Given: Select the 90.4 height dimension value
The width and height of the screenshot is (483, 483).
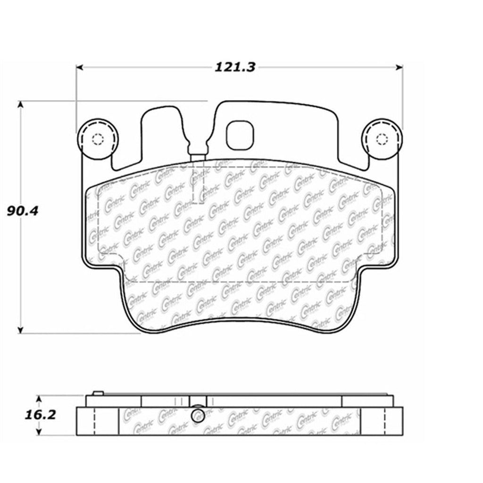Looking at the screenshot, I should click(22, 210).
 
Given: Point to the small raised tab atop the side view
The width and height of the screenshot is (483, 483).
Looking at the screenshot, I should click(98, 392).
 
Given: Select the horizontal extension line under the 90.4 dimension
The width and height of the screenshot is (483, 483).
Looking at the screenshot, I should click(80, 333).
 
